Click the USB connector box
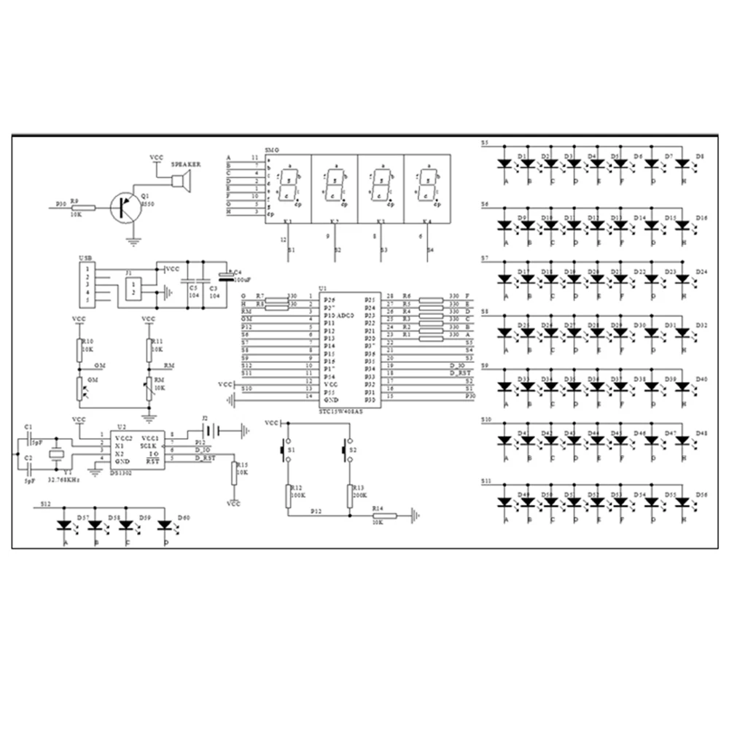tap(88, 285)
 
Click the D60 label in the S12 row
tap(184, 517)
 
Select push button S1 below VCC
tap(286, 452)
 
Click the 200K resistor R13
tap(350, 495)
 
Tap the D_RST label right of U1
tap(461, 373)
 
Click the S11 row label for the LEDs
tap(486, 481)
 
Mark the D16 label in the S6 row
tap(701, 218)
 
